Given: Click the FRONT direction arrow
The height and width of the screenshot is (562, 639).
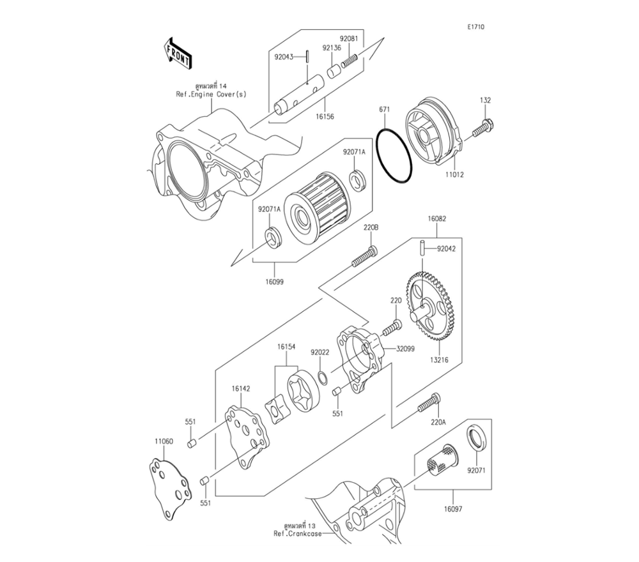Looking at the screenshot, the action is click(x=178, y=54).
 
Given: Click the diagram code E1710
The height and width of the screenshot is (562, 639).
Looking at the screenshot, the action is click(x=475, y=27).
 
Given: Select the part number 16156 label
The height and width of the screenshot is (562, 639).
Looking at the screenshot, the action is click(x=325, y=117).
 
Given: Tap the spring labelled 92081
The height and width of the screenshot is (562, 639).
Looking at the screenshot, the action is click(x=349, y=61).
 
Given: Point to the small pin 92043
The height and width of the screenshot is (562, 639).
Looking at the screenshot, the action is click(x=309, y=56).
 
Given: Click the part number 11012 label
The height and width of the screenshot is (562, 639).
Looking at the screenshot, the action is click(x=454, y=175).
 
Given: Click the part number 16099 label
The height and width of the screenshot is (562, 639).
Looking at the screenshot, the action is click(x=274, y=282).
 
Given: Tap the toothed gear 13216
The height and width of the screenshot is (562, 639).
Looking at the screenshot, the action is click(x=430, y=307).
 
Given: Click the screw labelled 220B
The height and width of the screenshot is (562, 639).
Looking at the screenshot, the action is click(x=364, y=256).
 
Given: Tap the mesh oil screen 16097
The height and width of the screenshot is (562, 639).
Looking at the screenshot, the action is click(x=443, y=460).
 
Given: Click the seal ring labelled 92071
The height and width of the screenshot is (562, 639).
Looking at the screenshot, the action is click(x=477, y=438).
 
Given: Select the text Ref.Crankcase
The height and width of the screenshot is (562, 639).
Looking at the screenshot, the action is click(x=298, y=533).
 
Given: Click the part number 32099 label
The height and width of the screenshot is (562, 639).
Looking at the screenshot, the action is click(x=406, y=349).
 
